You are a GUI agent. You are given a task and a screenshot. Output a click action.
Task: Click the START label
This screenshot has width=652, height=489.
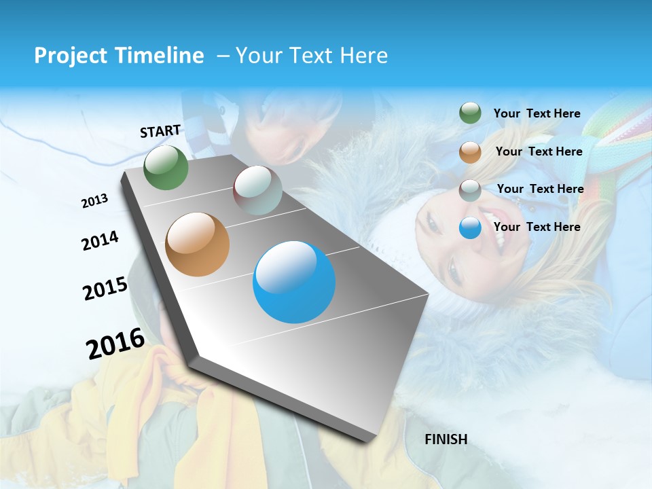point(160,131)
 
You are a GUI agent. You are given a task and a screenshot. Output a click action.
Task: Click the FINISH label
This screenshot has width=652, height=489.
point(446,439)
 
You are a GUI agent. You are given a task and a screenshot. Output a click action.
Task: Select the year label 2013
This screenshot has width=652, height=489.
point(94,200)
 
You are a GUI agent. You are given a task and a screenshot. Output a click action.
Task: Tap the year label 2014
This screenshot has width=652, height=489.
point(100,240)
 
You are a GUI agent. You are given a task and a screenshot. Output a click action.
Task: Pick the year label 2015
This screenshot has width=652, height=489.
point(105,289)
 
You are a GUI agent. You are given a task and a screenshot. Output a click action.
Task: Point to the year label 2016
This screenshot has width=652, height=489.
point(115,344)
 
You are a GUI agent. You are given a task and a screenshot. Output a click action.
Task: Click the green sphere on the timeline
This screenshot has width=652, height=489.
point(166,168)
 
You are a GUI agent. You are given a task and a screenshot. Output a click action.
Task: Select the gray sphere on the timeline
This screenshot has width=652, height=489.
point(257,189)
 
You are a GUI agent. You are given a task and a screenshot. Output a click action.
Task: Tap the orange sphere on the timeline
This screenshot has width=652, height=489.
point(198,244)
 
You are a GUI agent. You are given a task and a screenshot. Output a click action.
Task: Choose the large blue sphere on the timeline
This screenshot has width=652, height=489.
point(294,282)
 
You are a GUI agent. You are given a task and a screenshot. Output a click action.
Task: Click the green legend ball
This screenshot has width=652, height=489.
point(470,113)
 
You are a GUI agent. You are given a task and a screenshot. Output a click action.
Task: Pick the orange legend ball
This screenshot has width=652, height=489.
point(470,152)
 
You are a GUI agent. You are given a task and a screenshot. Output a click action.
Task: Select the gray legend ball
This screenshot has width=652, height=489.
point(470,190)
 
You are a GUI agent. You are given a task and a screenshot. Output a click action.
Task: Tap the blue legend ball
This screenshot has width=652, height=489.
point(470,228)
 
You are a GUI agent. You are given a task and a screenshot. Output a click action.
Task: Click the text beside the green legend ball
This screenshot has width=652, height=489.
point(537,113)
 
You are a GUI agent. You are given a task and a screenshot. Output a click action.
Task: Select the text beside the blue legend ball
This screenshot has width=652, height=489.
point(537,227)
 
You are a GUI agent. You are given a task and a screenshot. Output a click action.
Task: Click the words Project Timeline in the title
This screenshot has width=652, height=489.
point(119,56)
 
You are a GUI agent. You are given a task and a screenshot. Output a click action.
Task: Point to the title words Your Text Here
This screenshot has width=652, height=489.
point(312,56)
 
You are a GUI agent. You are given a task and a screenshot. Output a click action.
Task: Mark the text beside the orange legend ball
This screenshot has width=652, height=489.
point(539,151)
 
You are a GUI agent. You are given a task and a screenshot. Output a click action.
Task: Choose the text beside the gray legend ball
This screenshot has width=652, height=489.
point(540,189)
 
